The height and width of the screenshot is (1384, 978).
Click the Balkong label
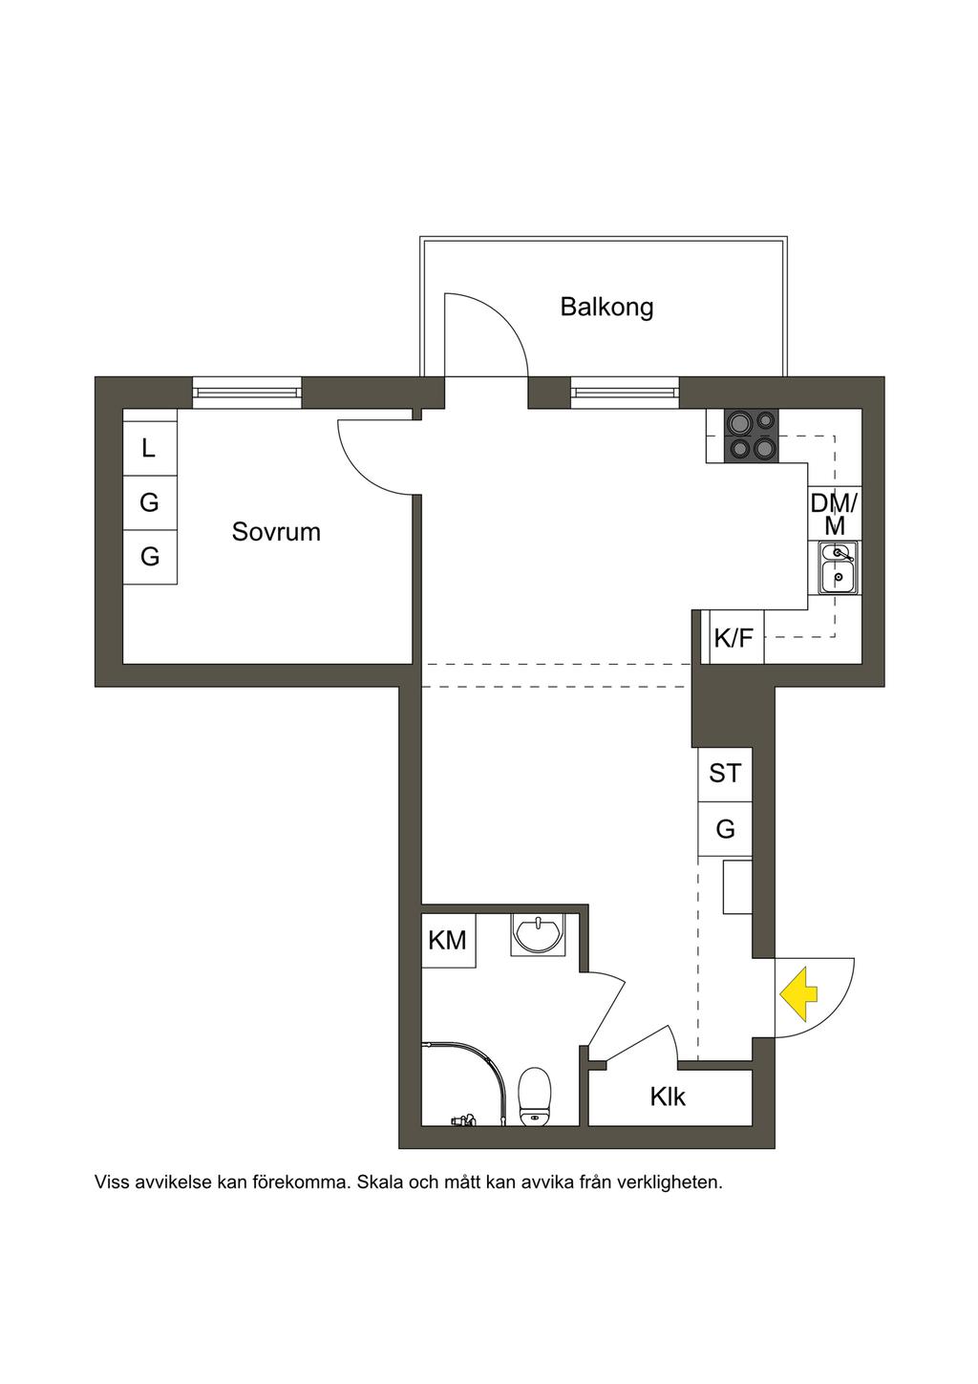pyautogui.click(x=606, y=307)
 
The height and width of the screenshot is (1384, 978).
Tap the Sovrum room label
pyautogui.click(x=276, y=532)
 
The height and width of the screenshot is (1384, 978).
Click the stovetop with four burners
pyautogui.click(x=743, y=435)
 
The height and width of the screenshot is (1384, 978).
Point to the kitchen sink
pyautogui.click(x=838, y=567)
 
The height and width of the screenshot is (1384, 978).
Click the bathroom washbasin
pyautogui.click(x=538, y=935)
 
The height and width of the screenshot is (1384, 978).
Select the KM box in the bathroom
pyautogui.click(x=448, y=941)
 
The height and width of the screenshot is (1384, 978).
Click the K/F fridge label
pyautogui.click(x=733, y=638)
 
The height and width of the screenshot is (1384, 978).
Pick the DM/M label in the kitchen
pyautogui.click(x=834, y=514)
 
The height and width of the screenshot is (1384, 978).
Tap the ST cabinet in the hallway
pyautogui.click(x=725, y=774)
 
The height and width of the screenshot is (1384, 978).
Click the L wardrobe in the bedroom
pyautogui.click(x=150, y=448)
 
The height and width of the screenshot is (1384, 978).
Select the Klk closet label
pyautogui.click(x=668, y=1097)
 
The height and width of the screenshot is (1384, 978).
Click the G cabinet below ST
pyautogui.click(x=725, y=829)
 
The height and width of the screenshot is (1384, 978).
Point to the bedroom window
pyautogui.click(x=246, y=393)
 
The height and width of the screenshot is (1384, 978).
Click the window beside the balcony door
pyautogui.click(x=625, y=393)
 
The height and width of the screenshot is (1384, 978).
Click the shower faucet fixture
pyautogui.click(x=463, y=1118)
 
